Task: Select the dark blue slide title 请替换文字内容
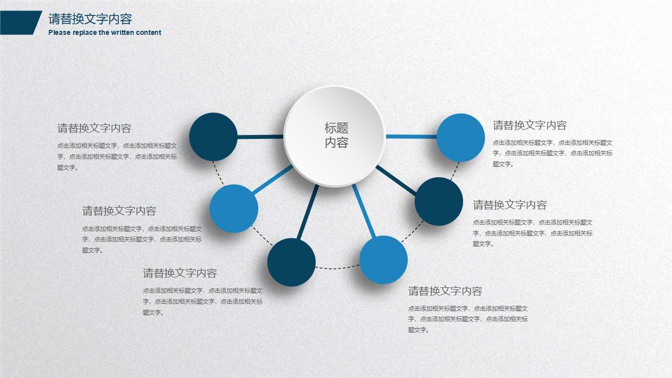point(90,19)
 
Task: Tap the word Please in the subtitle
point(59,32)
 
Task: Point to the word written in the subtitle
point(123,32)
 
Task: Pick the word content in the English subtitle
point(149,32)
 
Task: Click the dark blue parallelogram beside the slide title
point(20,23)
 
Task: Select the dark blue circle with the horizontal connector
point(214,137)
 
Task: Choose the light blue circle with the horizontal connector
point(460,137)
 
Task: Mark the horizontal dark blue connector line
point(260,136)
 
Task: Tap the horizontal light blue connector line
point(411,136)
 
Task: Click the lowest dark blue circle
point(291,262)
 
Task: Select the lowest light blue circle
point(383,260)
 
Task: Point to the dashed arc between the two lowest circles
point(337,268)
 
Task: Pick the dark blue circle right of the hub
point(439,201)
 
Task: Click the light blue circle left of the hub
point(234,209)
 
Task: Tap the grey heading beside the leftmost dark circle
point(94,128)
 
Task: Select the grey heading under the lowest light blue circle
point(445,291)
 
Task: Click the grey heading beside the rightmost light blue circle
point(530,126)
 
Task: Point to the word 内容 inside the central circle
point(336,143)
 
